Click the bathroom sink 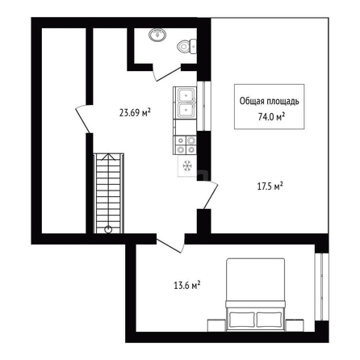click(157, 35)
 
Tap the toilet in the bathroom click(187, 46)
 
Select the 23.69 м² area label click(135, 112)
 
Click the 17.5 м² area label click(270, 186)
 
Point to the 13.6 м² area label click(186, 285)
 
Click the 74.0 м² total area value click(271, 117)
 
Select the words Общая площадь click(269, 101)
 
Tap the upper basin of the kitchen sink click(186, 94)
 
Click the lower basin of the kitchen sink click(186, 110)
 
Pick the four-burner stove click(186, 145)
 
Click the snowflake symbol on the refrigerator click(187, 165)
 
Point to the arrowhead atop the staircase click(108, 157)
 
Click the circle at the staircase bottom click(108, 229)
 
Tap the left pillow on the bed click(242, 320)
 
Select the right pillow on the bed click(269, 320)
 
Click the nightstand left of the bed click(216, 325)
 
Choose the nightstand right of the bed click(295, 325)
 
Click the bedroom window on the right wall click(321, 287)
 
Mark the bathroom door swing click(167, 73)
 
